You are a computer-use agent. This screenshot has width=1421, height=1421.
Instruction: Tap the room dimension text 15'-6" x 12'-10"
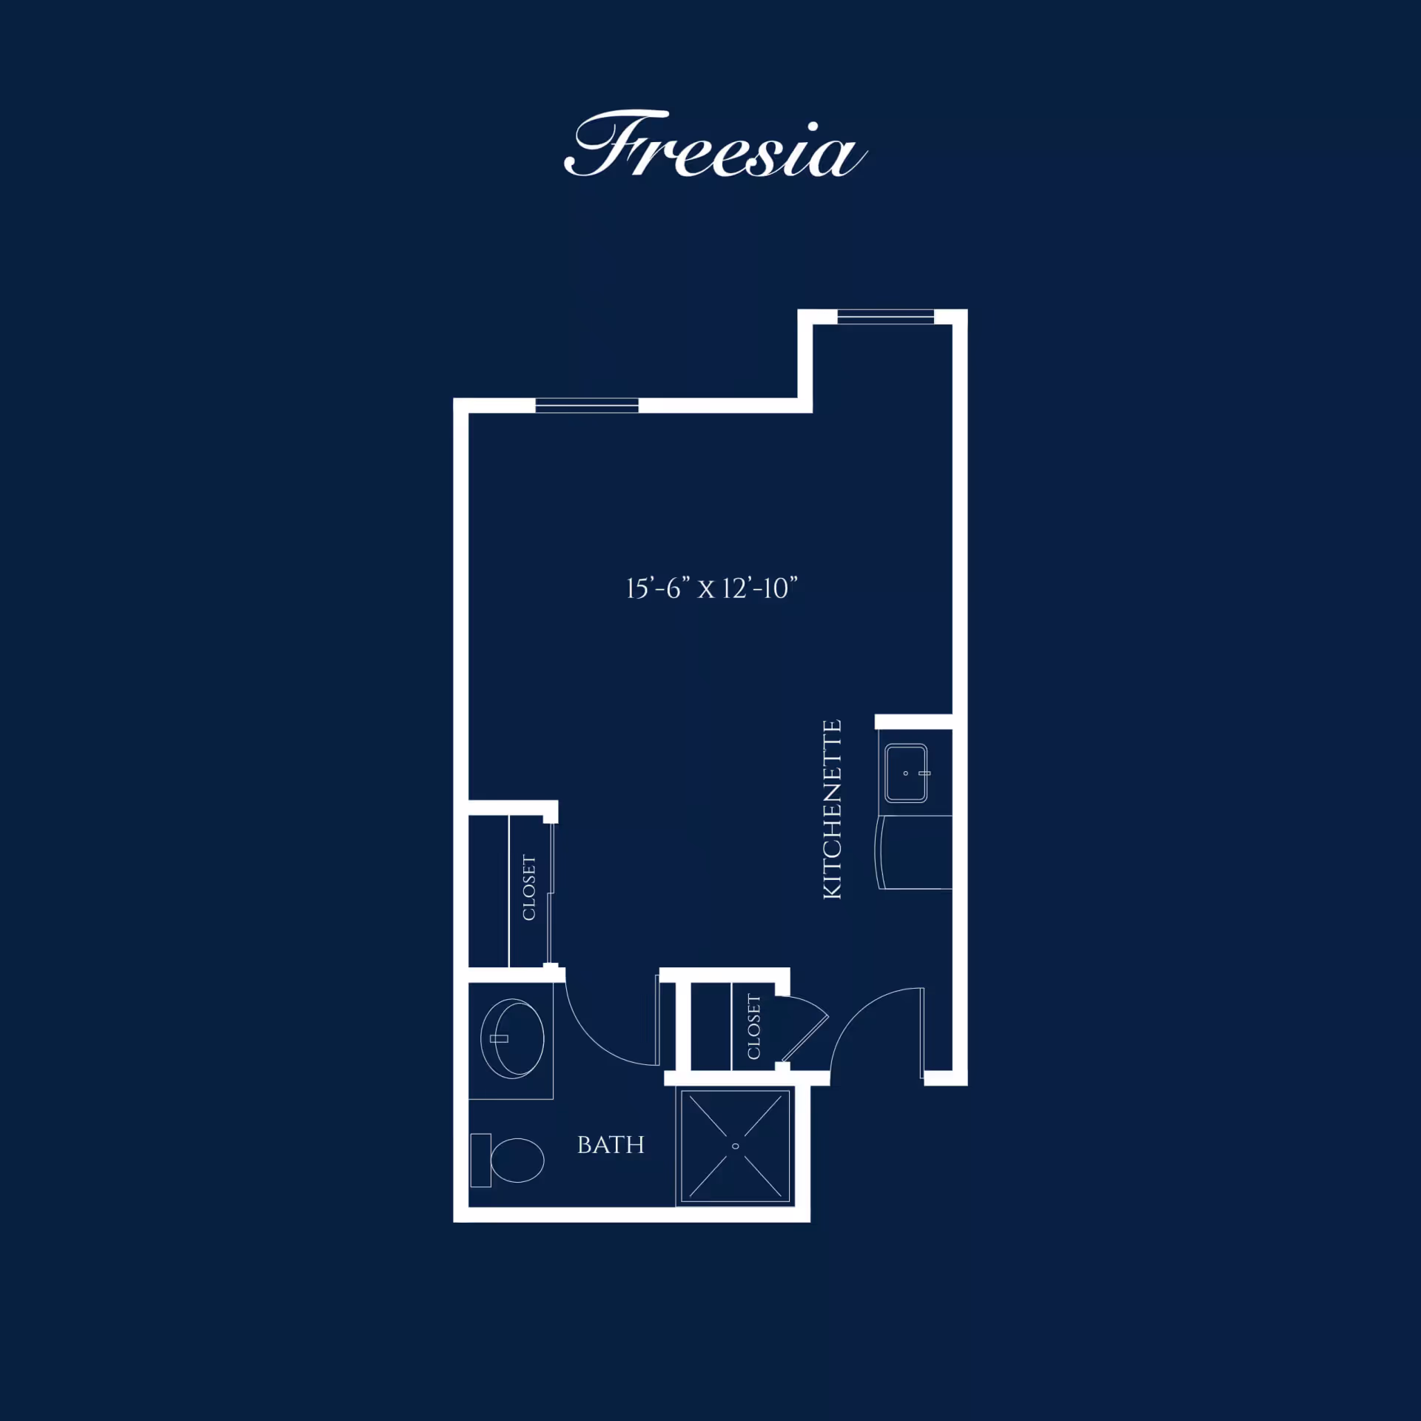(712, 588)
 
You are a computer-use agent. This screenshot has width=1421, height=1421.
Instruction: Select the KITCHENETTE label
(833, 809)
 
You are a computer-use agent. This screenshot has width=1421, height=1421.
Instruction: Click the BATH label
(611, 1145)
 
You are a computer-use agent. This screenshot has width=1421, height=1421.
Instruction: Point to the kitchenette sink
(906, 773)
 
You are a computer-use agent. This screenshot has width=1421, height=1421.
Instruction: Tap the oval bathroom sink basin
(512, 1038)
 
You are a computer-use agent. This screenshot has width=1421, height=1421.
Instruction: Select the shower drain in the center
(735, 1146)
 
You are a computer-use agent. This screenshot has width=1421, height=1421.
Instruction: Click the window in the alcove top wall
(885, 317)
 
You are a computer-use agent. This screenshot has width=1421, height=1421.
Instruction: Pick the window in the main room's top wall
(587, 406)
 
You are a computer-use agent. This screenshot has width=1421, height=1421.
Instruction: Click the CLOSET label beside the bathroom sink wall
(529, 887)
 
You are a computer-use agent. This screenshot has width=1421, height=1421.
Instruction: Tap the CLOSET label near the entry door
(754, 1027)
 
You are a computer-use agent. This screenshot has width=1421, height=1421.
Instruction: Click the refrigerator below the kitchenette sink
(914, 852)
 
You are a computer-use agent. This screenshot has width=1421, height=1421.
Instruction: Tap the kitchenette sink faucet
(924, 773)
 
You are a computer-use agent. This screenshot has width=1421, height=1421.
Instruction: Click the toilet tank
(480, 1160)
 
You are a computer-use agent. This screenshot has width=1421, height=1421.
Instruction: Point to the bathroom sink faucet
(500, 1038)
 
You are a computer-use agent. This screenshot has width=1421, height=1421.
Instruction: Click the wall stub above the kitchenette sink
(913, 722)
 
